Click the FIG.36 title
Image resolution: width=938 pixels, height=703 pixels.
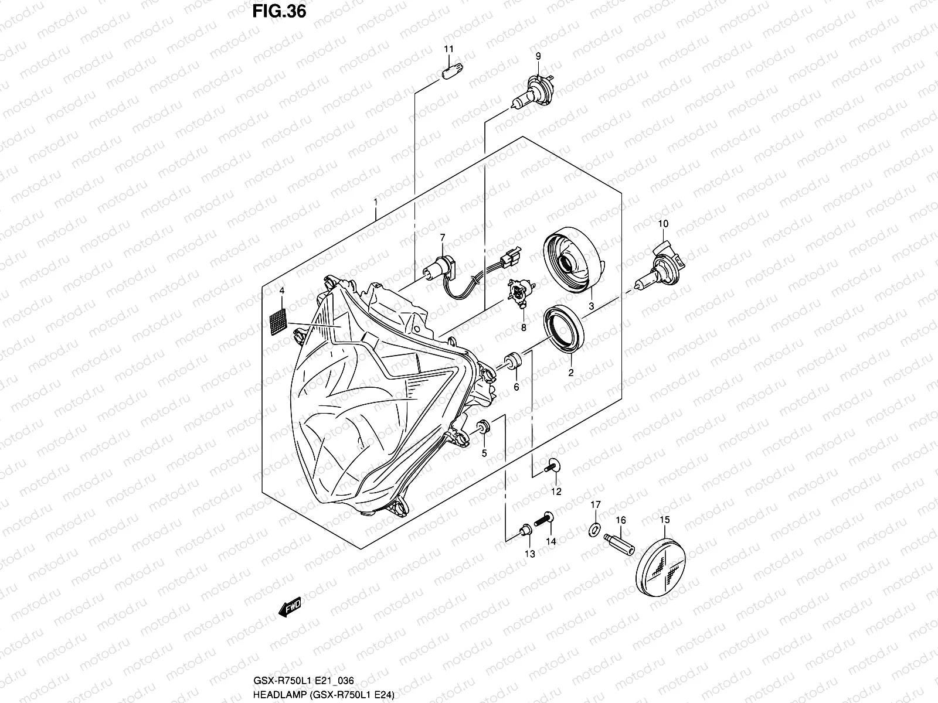(x=278, y=11)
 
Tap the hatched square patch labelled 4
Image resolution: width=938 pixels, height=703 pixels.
(x=277, y=320)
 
